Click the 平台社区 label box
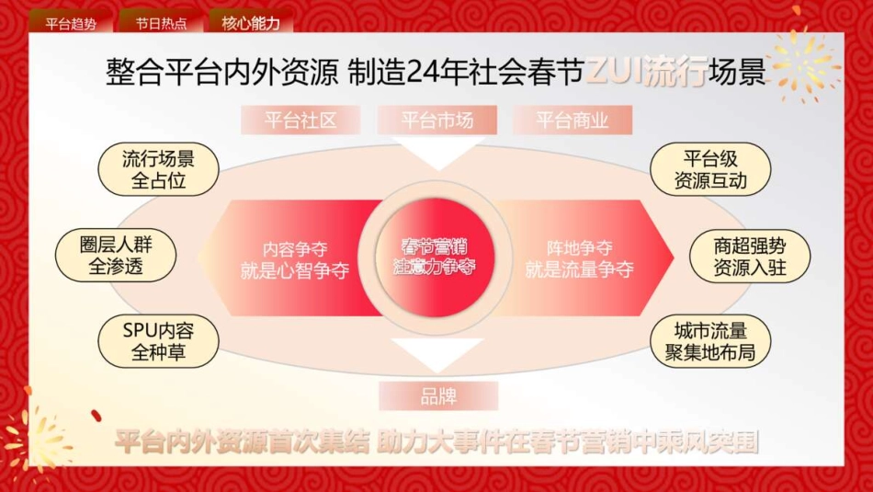(x=300, y=120)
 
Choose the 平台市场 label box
(x=437, y=120)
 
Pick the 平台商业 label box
(x=573, y=120)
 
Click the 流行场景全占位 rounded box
(x=159, y=169)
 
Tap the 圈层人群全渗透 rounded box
(x=117, y=256)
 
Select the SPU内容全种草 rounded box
(x=159, y=340)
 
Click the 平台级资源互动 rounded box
(x=710, y=169)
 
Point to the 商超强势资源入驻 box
(x=750, y=256)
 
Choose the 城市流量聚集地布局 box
(x=710, y=340)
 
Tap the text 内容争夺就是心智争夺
(x=294, y=259)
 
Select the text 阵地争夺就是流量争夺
(x=579, y=259)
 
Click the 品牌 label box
(x=438, y=396)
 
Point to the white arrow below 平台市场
(x=437, y=152)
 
